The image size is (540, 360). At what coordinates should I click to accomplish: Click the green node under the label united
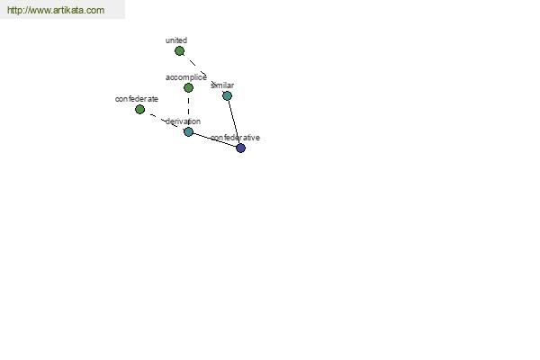pos(179,51)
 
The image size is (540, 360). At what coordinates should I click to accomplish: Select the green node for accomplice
pos(188,88)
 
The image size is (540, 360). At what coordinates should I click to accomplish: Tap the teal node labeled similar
pos(227,95)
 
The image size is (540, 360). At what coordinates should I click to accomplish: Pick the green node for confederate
pos(139,110)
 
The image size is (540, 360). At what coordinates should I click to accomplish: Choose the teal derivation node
pos(188,131)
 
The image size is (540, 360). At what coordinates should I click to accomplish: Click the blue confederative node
pos(240,148)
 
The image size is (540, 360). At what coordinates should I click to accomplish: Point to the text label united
pos(176,40)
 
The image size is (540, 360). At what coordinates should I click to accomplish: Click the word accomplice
pos(186,77)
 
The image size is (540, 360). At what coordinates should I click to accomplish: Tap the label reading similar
pos(222,85)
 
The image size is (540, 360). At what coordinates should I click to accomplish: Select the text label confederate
pos(137,99)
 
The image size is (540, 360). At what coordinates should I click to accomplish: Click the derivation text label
pos(183,121)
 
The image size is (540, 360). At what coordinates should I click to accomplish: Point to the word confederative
pos(235,138)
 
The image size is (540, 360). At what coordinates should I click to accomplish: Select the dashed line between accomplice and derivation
pos(188,110)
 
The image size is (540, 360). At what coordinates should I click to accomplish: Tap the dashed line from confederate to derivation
pos(164,121)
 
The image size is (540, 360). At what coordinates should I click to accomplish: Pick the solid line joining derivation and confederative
pos(214,139)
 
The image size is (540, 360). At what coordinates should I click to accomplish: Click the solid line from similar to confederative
pos(234,122)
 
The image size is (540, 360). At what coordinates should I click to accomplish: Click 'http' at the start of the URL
pos(14,10)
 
